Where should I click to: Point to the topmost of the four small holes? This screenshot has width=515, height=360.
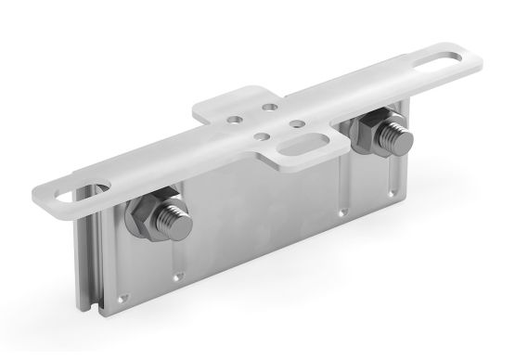[x=270, y=107]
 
